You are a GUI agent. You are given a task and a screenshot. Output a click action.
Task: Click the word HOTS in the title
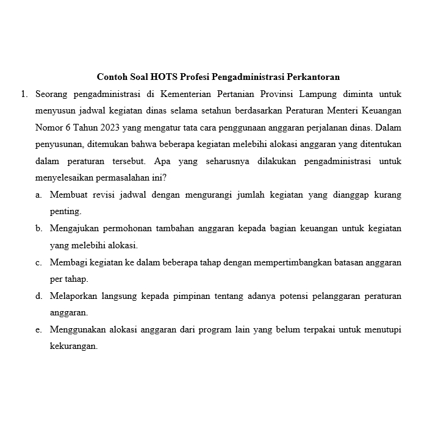point(163,77)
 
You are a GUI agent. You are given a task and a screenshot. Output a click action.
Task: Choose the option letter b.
point(38,229)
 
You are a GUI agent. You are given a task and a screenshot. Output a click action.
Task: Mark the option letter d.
point(38,296)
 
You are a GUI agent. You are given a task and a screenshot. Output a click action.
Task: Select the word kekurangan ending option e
point(74,346)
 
